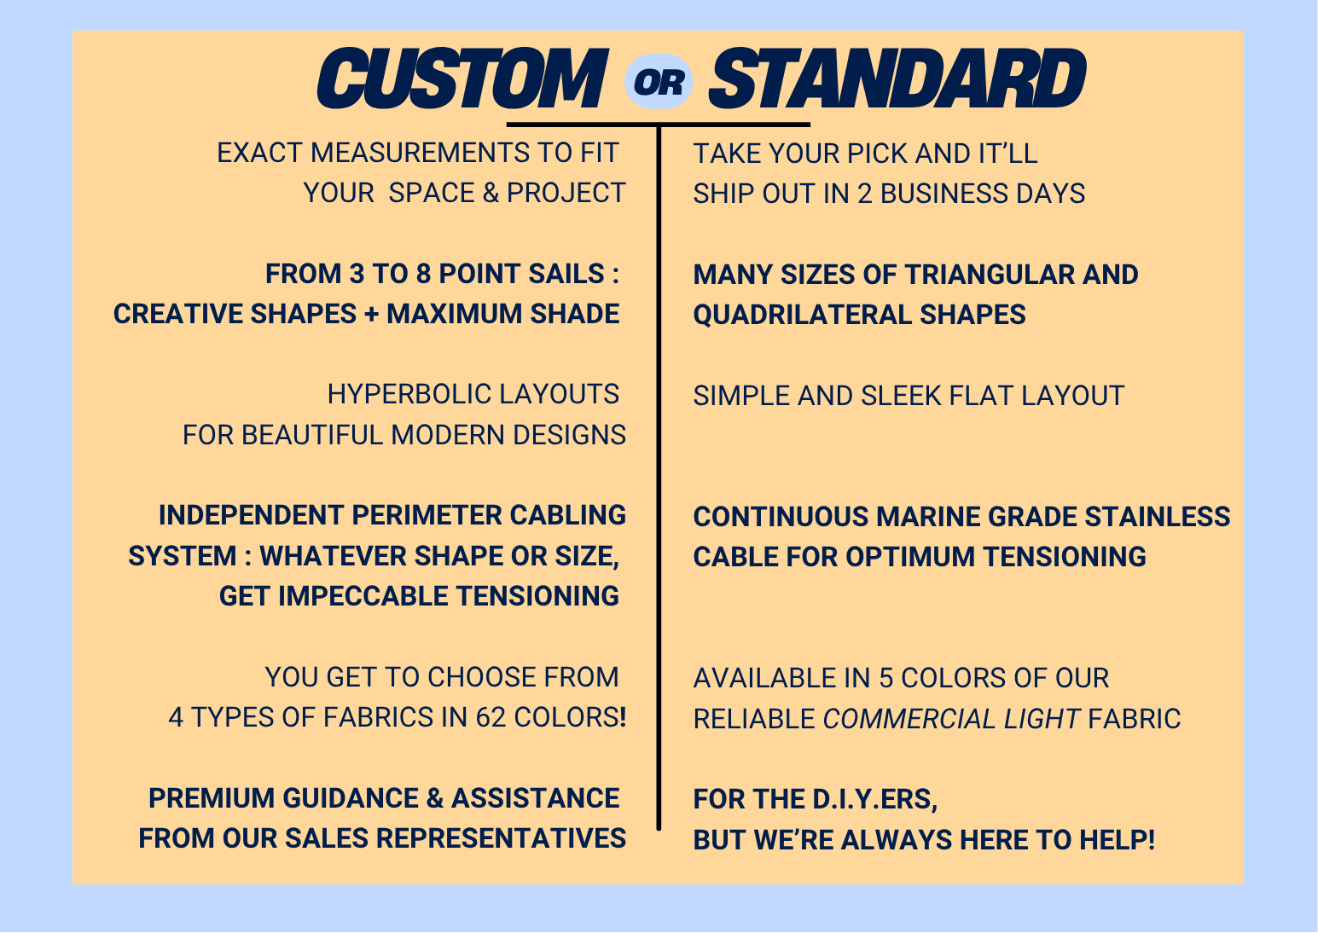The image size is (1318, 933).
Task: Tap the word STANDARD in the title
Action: click(898, 78)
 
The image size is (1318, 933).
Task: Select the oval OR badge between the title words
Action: click(659, 82)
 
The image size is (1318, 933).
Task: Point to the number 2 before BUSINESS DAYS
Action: click(864, 194)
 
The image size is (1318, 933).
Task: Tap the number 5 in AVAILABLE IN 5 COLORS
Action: click(886, 678)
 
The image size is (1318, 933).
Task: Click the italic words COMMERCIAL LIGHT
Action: click(951, 719)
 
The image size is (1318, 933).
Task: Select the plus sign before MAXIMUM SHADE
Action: click(371, 314)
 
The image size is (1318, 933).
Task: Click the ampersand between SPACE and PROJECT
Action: click(491, 193)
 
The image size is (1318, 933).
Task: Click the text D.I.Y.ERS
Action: click(875, 799)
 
